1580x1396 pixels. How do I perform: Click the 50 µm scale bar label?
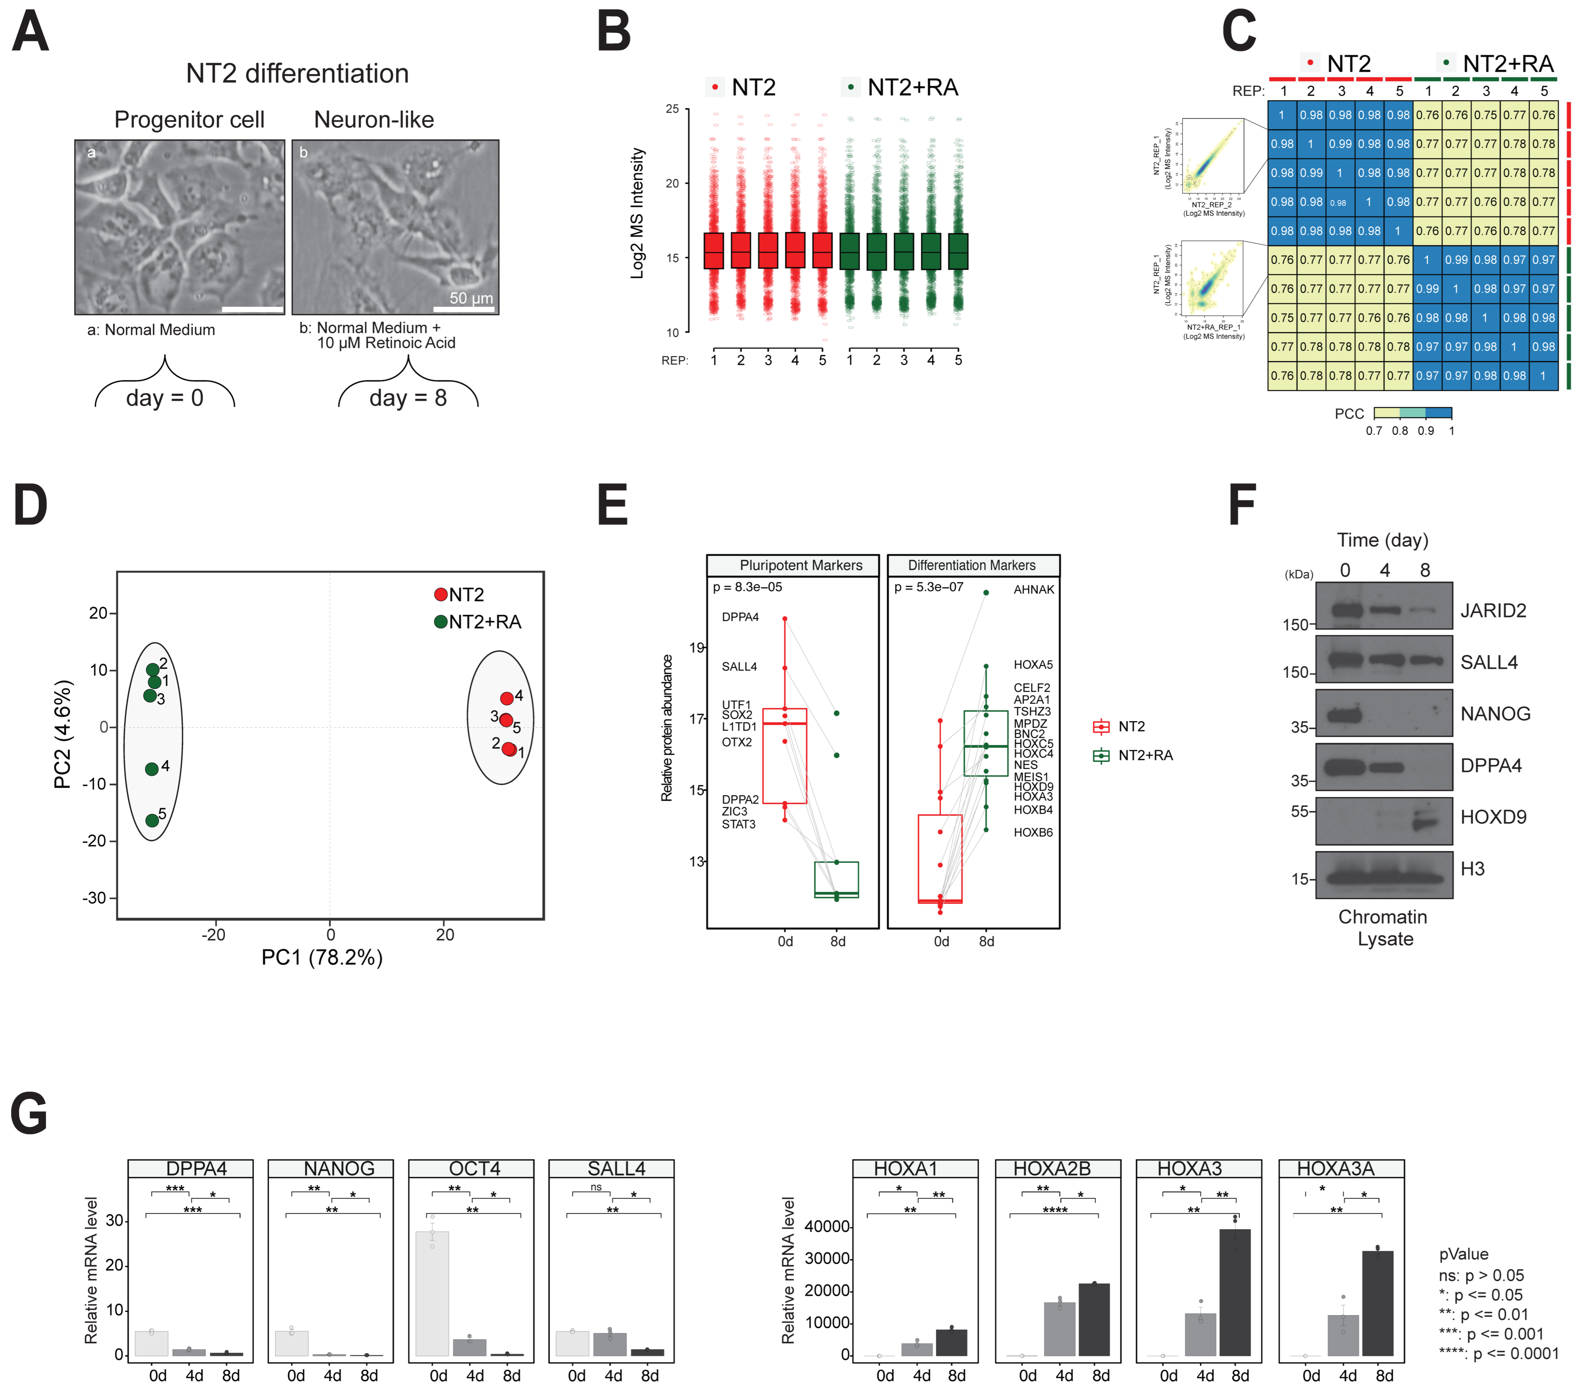click(x=471, y=298)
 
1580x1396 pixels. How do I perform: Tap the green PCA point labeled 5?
click(x=152, y=820)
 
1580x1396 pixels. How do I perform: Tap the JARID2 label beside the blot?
click(x=1493, y=611)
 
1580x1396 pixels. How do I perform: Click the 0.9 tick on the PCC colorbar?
click(x=1425, y=430)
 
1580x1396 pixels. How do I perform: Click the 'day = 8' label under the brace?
click(x=408, y=398)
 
